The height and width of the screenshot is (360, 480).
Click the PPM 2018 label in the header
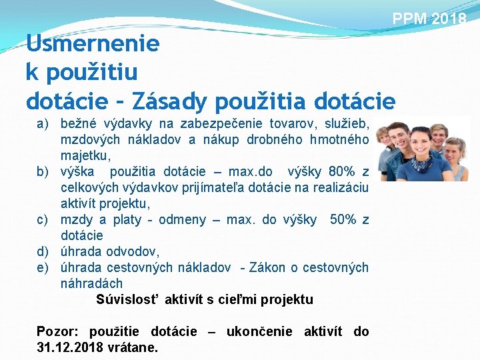tap(429, 19)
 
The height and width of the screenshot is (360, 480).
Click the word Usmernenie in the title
tap(93, 44)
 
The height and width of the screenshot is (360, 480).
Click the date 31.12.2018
tap(67, 347)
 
